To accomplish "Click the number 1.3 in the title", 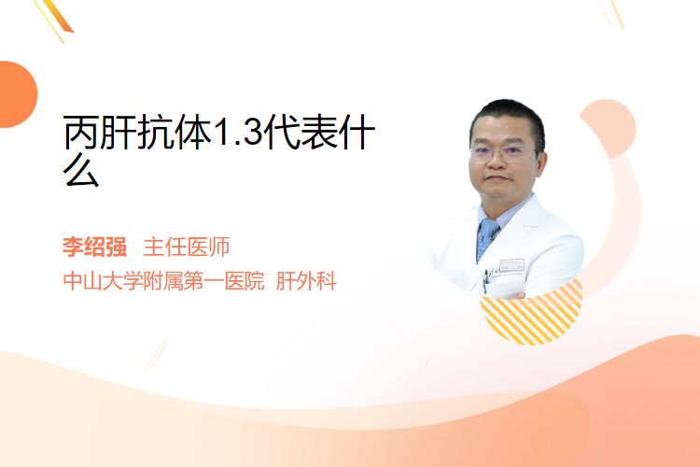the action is (237, 133).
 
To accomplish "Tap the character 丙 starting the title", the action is (81, 132).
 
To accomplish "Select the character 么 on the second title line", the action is (81, 171).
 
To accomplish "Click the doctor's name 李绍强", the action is (94, 247).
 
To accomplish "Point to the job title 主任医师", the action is (186, 247).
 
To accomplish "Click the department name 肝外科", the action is (306, 281).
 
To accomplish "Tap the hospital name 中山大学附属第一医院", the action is (164, 281).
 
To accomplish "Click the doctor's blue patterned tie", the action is (486, 238).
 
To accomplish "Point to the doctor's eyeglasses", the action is (502, 153).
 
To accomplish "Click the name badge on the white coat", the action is (511, 265).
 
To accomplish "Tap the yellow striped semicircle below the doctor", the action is (532, 313).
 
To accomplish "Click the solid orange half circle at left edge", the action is (18, 94).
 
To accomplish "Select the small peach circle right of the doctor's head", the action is (608, 128).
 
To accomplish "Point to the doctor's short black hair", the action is (508, 117).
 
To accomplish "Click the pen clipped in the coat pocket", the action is (485, 280).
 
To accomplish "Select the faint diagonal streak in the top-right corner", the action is (611, 13).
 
